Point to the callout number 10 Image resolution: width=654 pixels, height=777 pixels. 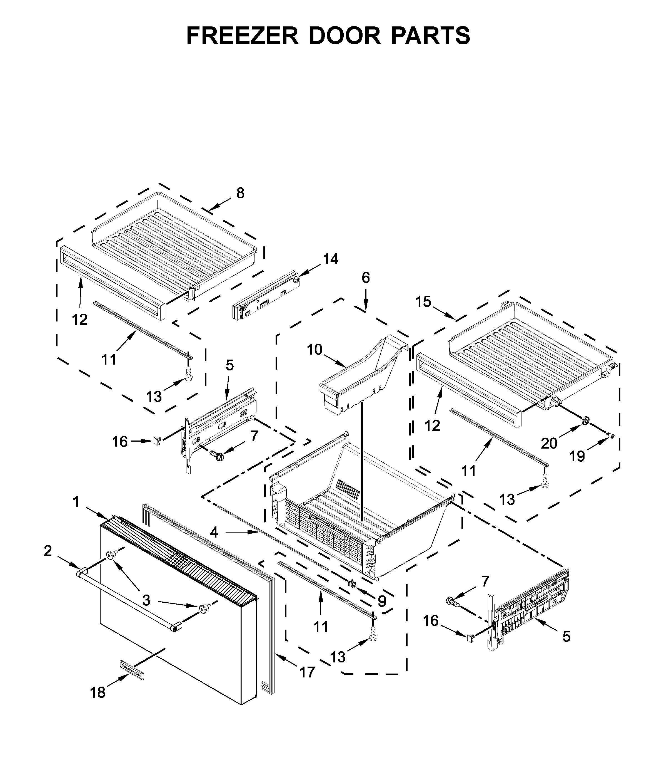315,350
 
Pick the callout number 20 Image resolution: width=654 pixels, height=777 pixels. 549,443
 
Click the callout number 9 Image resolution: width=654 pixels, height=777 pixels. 382,601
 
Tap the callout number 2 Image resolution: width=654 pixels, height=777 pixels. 48,551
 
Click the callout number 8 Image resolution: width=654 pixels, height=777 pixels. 241,193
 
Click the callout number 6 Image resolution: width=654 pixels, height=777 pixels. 366,278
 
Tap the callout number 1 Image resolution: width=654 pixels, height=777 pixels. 76,502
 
